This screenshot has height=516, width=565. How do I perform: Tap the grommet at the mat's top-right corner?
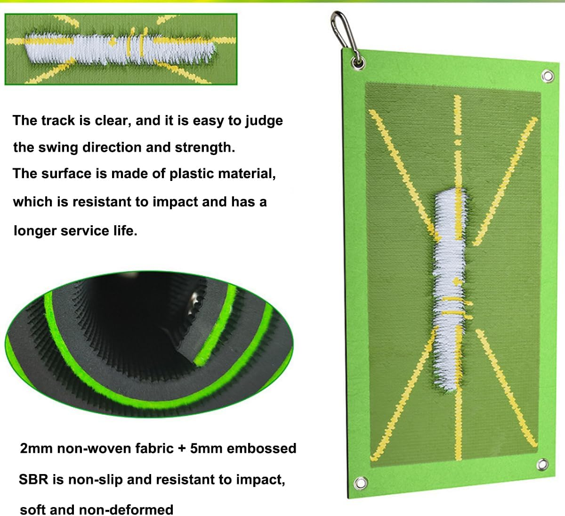tap(547, 75)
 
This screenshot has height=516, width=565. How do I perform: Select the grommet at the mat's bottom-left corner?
tap(361, 483)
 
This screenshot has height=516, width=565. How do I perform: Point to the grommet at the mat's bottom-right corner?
tap(542, 464)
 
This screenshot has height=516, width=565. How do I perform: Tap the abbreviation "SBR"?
tap(33, 480)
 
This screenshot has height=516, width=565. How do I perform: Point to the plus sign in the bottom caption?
tap(182, 449)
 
